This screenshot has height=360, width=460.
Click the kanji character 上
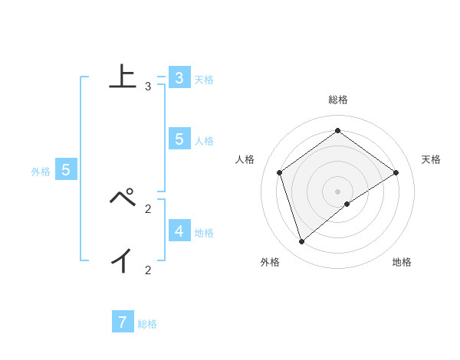click(x=123, y=77)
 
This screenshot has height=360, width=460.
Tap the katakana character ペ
click(x=123, y=198)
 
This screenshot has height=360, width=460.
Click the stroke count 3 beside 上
click(x=148, y=87)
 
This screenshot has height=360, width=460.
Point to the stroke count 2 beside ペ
click(x=148, y=208)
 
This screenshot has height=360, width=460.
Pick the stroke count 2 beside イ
click(x=148, y=270)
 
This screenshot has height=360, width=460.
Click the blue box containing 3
click(x=179, y=78)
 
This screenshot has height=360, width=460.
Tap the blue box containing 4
click(x=179, y=231)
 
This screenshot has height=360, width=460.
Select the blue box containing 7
click(x=123, y=322)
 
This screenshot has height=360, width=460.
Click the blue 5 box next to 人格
click(x=179, y=139)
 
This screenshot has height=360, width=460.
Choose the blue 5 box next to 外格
click(x=66, y=170)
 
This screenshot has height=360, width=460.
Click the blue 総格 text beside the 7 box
click(x=147, y=324)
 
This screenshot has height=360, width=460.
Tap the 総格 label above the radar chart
click(x=338, y=100)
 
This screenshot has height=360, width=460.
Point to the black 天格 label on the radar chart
click(x=431, y=159)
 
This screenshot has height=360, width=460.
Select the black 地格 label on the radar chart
click(x=402, y=262)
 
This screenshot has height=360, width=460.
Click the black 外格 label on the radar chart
click(x=269, y=262)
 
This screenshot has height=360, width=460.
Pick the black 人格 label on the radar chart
click(x=245, y=159)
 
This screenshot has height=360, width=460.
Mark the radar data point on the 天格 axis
click(x=396, y=172)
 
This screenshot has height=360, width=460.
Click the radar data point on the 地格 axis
click(x=347, y=204)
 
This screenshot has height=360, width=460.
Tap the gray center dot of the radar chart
click(x=337, y=191)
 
